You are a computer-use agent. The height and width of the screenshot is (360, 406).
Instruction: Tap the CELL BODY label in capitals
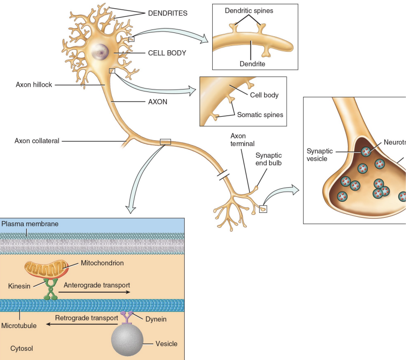[x=167, y=53]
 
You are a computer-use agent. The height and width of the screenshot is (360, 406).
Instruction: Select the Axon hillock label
[x=34, y=85]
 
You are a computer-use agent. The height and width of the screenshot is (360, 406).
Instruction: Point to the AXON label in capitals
[x=158, y=102]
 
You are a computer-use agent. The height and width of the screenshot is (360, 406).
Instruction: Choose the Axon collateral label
[x=37, y=141]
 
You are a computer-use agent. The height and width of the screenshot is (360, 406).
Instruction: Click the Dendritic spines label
[x=249, y=11]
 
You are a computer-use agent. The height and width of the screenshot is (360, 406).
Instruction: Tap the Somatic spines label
[x=260, y=115]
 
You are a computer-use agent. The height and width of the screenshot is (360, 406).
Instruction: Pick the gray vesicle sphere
[x=127, y=340]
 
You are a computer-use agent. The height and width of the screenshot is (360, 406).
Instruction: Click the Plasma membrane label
[x=30, y=224]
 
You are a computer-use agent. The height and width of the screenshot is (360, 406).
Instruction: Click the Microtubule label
[x=19, y=326]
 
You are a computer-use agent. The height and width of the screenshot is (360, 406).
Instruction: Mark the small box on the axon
[x=165, y=142]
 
